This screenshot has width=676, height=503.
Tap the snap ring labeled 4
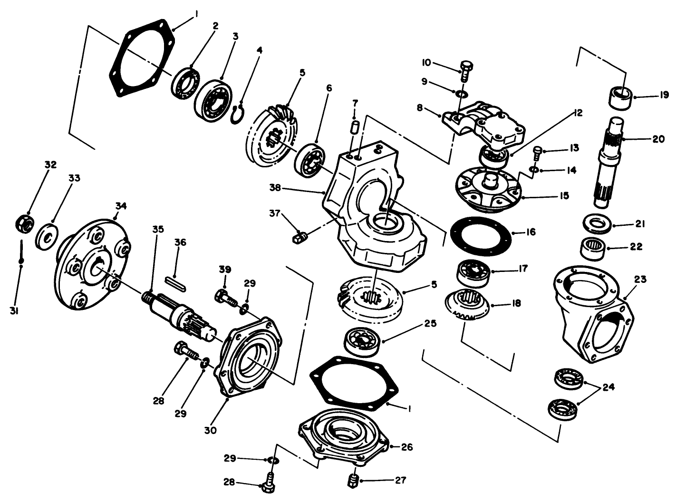tap(238, 115)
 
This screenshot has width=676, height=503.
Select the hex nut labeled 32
tap(24, 222)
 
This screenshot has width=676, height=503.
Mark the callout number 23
tap(640, 279)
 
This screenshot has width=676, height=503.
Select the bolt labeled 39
tap(226, 299)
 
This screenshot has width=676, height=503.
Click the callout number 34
tap(121, 206)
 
